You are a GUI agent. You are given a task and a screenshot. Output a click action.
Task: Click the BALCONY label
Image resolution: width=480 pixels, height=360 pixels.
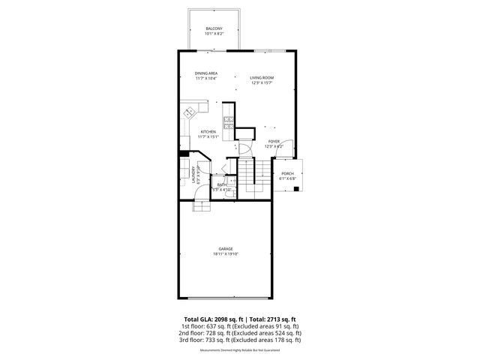click(214, 28)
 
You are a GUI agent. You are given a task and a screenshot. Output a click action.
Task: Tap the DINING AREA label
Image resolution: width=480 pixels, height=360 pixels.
click(205, 73)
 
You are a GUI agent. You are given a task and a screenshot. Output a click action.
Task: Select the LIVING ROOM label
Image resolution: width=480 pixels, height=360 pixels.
click(262, 78)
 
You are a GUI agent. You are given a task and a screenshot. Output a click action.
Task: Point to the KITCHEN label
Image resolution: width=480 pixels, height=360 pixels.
click(208, 132)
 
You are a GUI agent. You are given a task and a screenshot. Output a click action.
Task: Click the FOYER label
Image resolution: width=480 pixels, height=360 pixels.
click(274, 141)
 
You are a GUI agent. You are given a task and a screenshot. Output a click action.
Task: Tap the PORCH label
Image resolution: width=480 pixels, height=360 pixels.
click(288, 173)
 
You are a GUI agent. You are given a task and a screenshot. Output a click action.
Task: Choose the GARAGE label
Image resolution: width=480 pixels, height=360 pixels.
click(226, 249)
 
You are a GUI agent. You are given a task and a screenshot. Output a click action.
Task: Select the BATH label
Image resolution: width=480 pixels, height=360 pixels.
click(222, 184)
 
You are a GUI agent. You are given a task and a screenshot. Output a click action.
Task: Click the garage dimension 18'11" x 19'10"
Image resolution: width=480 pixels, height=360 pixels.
click(226, 254)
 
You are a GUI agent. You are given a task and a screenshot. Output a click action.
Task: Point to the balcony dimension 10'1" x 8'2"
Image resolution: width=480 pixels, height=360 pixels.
click(214, 34)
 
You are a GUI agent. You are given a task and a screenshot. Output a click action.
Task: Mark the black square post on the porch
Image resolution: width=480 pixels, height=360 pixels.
click(298, 188)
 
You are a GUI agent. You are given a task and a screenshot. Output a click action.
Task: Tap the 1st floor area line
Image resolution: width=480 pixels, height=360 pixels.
click(239, 327)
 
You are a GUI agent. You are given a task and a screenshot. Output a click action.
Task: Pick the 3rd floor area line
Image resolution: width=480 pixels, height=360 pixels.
click(239, 340)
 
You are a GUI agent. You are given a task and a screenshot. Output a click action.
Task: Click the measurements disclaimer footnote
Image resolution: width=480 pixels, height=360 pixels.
click(239, 350)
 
